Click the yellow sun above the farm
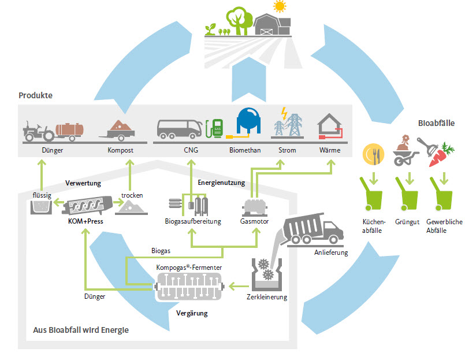[280, 6]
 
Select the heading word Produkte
[36, 95]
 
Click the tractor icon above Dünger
[39, 132]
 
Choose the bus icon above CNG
[179, 128]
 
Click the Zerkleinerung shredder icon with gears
[265, 271]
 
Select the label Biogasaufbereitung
[193, 222]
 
